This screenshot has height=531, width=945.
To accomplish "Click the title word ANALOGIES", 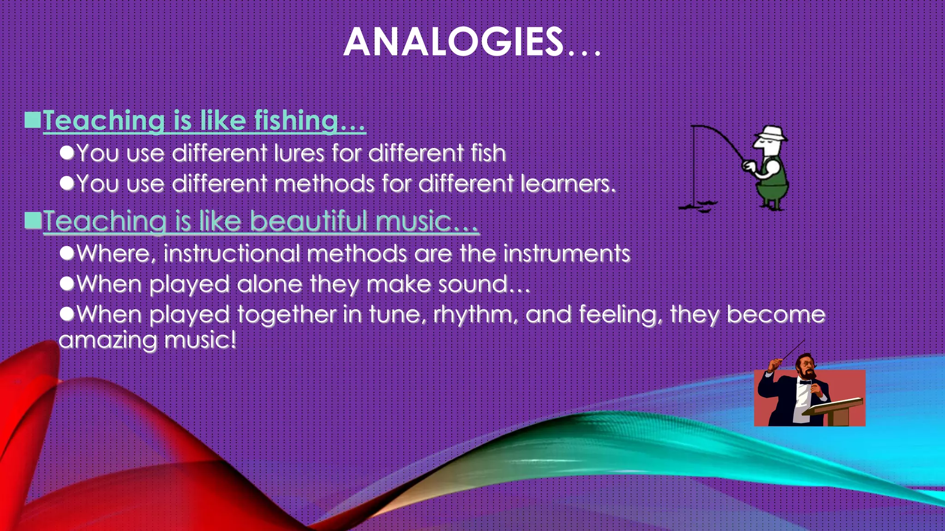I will [453, 42].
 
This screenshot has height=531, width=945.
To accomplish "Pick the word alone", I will [269, 284].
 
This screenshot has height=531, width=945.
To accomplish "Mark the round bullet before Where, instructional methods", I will [67, 253].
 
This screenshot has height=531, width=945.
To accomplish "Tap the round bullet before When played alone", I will [67, 283].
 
